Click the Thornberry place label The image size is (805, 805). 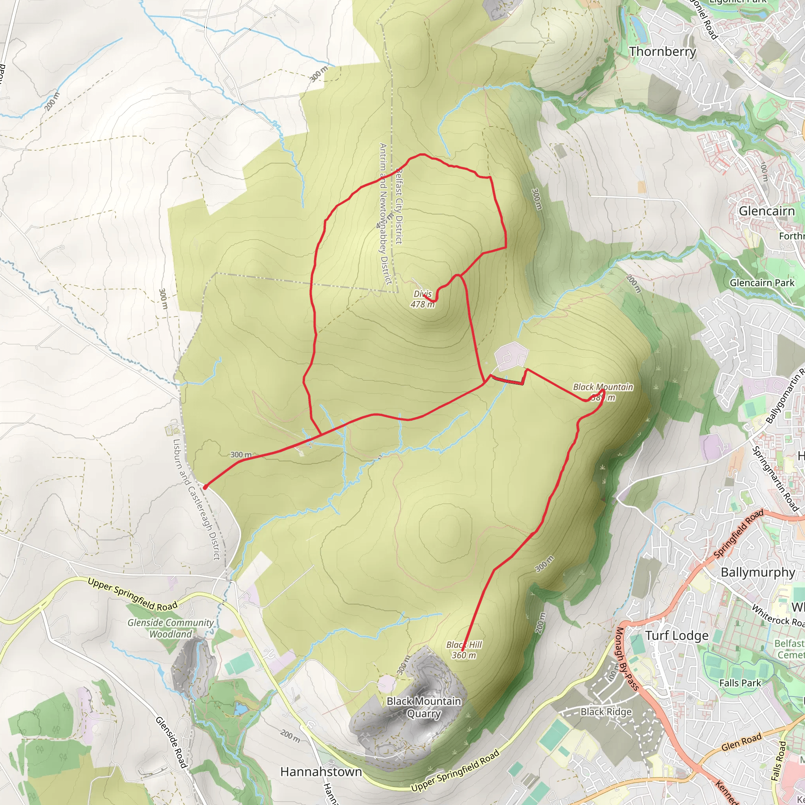tap(662, 51)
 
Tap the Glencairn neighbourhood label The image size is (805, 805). tap(766, 211)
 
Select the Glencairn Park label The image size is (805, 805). tap(762, 283)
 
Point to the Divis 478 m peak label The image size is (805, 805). tap(423, 299)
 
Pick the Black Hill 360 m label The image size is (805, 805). tap(464, 650)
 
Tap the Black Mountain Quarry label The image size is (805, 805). tap(424, 707)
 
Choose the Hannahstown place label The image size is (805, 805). tap(321, 772)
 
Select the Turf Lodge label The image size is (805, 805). tap(677, 636)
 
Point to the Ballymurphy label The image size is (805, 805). tap(758, 572)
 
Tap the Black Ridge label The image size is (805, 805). tap(606, 712)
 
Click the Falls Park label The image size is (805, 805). tap(740, 683)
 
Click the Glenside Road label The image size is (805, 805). tap(171, 742)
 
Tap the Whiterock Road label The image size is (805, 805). tap(777, 616)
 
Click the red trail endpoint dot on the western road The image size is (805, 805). tap(205, 487)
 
